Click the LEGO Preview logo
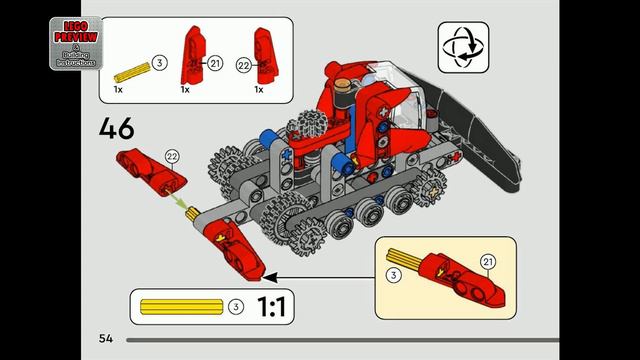point(75,42)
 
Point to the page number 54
point(106,338)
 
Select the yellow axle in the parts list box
point(130,72)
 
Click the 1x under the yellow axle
point(118,90)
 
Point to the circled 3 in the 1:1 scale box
point(235,306)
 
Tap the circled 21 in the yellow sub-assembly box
point(488,261)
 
